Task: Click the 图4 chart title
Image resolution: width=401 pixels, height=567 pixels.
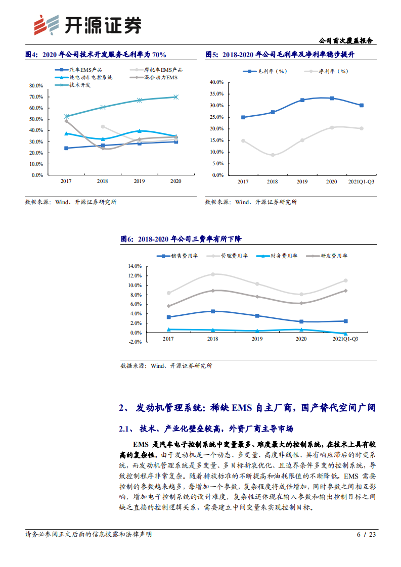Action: [96, 55]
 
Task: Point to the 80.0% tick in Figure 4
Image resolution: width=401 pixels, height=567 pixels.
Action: [35, 85]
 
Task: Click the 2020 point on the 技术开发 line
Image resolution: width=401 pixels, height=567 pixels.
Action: [175, 97]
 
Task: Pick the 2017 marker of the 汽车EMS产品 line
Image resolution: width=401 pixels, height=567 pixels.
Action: [66, 148]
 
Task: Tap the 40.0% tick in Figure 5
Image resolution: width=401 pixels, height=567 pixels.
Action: [216, 82]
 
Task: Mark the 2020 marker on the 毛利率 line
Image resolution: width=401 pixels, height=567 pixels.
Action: [332, 98]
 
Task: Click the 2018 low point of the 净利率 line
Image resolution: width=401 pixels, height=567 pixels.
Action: [273, 155]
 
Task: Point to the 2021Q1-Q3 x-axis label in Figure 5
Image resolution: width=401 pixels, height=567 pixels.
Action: [361, 181]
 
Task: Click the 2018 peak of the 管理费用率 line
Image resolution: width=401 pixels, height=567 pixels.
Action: [212, 274]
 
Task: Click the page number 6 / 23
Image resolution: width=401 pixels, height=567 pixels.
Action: [366, 534]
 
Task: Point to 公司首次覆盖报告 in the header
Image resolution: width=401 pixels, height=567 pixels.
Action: [349, 41]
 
